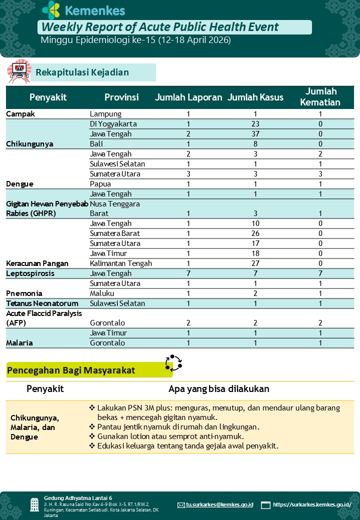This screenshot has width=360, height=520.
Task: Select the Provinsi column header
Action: click(121, 97)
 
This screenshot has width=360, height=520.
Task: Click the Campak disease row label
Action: click(20, 114)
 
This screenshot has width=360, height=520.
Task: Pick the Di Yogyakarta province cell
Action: click(113, 124)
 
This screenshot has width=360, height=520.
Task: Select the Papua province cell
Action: click(100, 184)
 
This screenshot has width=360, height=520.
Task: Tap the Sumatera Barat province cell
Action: click(114, 233)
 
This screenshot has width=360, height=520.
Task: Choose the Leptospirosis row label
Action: click(30, 273)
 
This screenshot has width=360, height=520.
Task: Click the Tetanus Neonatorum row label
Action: click(42, 303)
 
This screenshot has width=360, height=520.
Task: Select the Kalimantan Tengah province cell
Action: click(120, 263)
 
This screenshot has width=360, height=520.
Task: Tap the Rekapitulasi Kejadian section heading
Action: click(82, 72)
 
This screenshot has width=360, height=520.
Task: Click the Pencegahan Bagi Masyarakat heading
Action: click(71, 370)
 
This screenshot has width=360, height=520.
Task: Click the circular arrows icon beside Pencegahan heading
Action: click(173, 363)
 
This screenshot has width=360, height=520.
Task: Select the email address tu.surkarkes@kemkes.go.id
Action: click(219, 505)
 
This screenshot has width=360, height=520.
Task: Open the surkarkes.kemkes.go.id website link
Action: click(312, 505)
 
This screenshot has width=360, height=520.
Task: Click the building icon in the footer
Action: click(34, 504)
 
